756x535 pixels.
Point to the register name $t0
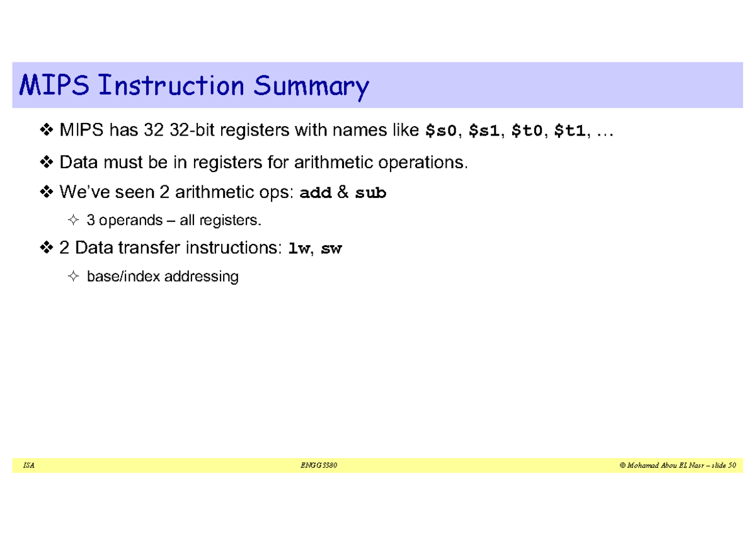(x=528, y=131)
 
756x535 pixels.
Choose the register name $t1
(x=571, y=131)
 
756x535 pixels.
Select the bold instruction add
(x=316, y=193)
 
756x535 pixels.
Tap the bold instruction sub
(x=370, y=193)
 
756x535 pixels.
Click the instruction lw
(x=299, y=249)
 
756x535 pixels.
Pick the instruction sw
(x=331, y=249)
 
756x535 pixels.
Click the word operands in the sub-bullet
(x=123, y=221)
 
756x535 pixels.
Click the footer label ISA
(x=28, y=466)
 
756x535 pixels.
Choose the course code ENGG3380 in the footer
(x=320, y=466)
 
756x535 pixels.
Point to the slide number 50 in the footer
(x=731, y=466)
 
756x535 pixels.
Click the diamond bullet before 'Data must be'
(x=47, y=163)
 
